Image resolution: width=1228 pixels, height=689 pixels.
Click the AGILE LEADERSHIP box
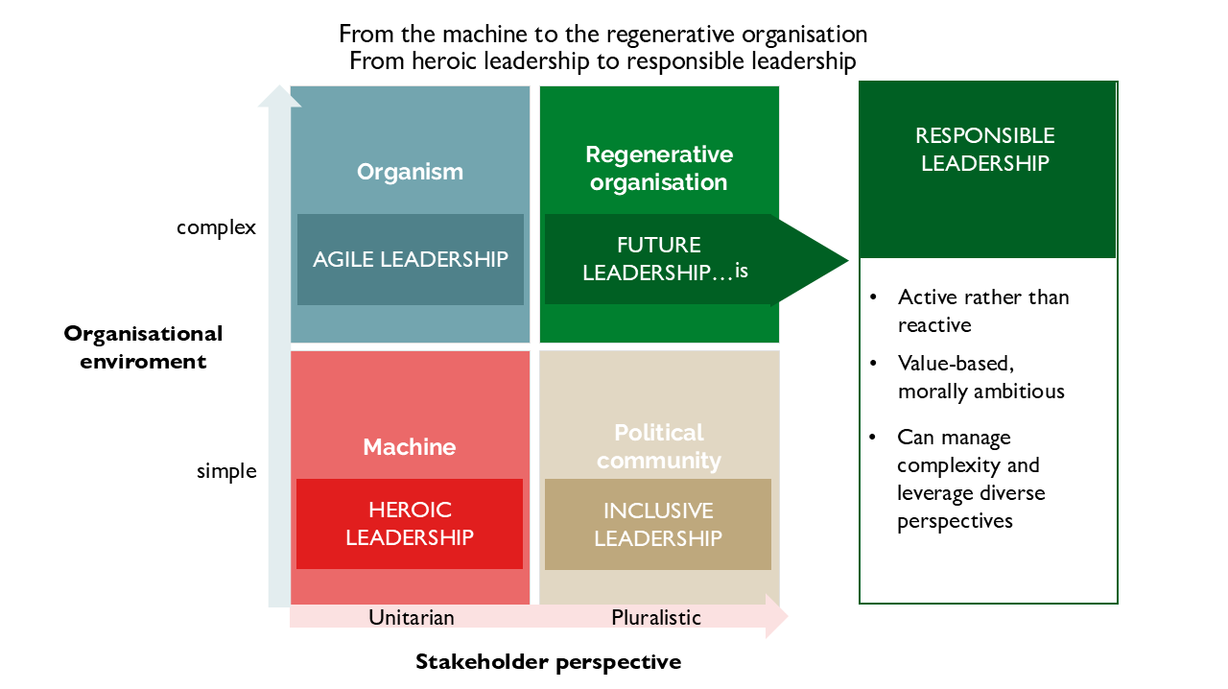411,259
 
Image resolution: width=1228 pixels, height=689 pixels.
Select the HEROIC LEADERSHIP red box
410,524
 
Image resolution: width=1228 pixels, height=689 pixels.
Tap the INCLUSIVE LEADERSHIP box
657,525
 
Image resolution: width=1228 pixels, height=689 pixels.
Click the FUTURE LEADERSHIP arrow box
659,259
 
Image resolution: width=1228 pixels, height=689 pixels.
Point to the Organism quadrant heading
410,172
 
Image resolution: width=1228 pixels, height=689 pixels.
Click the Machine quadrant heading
410,447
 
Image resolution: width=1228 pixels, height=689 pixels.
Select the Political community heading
658,446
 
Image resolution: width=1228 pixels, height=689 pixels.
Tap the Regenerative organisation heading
658,168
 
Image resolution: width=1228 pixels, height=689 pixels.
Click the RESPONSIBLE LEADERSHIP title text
985,149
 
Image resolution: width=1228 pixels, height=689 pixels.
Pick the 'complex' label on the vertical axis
217,227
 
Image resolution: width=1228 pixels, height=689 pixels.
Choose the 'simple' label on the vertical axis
226,471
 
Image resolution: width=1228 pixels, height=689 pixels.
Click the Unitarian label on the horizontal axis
411,617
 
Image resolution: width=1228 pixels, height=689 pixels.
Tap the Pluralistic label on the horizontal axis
656,617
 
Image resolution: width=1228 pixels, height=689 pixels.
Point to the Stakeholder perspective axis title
548,661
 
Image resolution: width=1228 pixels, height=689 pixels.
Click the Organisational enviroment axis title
143,347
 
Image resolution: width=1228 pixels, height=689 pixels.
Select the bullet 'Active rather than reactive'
982,311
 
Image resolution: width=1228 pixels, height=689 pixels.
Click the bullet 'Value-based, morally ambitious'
980,377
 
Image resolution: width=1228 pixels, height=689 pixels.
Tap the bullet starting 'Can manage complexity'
969,479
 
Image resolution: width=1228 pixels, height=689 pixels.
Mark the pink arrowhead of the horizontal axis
776,616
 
